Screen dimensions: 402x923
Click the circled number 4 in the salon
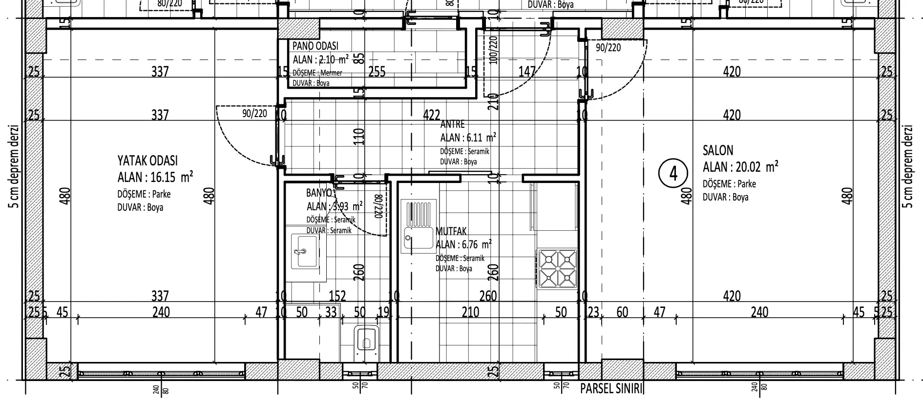[x=673, y=174]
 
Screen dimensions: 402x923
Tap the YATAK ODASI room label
[x=147, y=161]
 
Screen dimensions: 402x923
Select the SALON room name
[x=718, y=150]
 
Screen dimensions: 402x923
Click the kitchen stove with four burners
[x=557, y=268]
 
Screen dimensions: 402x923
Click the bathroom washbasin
[x=305, y=251]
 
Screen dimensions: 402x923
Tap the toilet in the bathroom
[x=366, y=338]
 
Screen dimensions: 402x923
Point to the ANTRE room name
[x=453, y=124]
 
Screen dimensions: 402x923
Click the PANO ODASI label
[x=315, y=46]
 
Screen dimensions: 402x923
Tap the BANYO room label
[x=318, y=192]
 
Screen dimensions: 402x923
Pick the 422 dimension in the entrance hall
[x=431, y=115]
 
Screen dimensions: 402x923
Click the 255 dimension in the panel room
[x=377, y=72]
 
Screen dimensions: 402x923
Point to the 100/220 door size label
[x=493, y=50]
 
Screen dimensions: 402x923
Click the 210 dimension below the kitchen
[x=470, y=312]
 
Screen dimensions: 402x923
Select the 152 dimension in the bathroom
[x=337, y=296]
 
